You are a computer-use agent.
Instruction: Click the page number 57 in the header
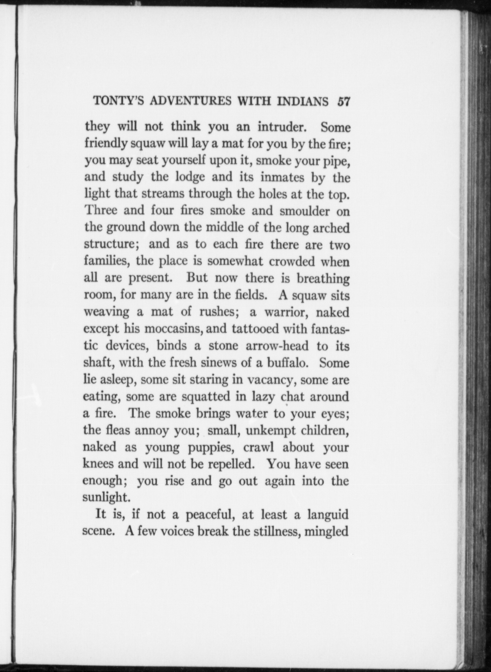343,101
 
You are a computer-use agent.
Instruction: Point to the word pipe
337,161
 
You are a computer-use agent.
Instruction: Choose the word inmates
282,177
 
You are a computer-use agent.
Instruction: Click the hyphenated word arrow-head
277,346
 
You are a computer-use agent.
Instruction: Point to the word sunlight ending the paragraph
106,498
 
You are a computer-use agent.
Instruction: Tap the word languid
328,515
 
